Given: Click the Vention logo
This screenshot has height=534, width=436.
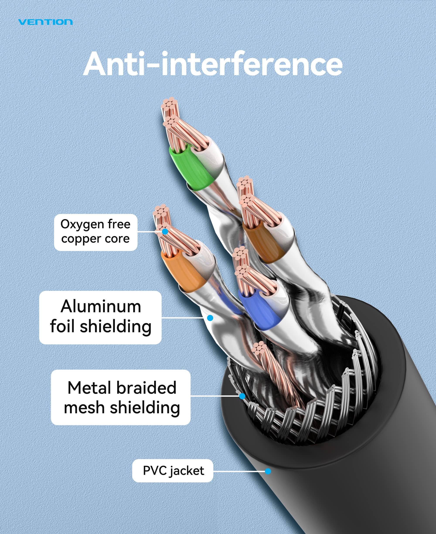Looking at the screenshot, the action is pyautogui.click(x=46, y=22).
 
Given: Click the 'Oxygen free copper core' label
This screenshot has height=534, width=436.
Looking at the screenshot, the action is pyautogui.click(x=96, y=232).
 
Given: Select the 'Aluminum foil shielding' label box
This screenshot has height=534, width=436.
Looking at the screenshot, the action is pyautogui.click(x=100, y=317).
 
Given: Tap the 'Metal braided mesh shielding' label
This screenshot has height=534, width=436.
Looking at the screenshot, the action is pyautogui.click(x=121, y=397).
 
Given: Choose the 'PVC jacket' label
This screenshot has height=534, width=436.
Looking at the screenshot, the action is pyautogui.click(x=173, y=471).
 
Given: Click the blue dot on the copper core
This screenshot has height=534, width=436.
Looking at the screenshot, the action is pyautogui.click(x=165, y=231).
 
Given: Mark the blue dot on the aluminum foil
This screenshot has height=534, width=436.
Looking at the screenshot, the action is pyautogui.click(x=210, y=318).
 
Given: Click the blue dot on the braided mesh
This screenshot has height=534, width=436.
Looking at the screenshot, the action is pyautogui.click(x=242, y=396).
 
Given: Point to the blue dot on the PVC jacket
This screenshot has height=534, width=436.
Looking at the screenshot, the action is pyautogui.click(x=268, y=471).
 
